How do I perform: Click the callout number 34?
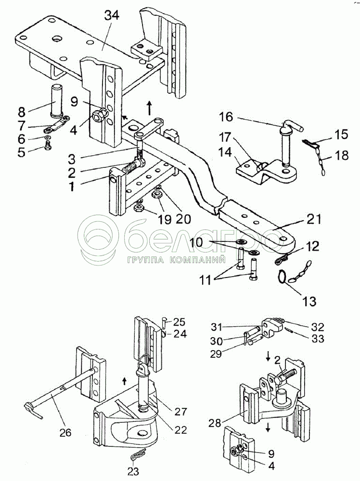point(111,15)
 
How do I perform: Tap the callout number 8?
point(22,112)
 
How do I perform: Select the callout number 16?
point(226,117)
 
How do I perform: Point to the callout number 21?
point(314,219)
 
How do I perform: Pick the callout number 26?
point(65,432)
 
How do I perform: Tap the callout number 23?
point(133,471)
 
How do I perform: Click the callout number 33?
point(318,339)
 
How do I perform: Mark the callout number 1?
point(72,186)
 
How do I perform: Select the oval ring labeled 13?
point(282,276)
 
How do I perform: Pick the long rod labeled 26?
point(60,394)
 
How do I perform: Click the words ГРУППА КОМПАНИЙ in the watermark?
point(177,260)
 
